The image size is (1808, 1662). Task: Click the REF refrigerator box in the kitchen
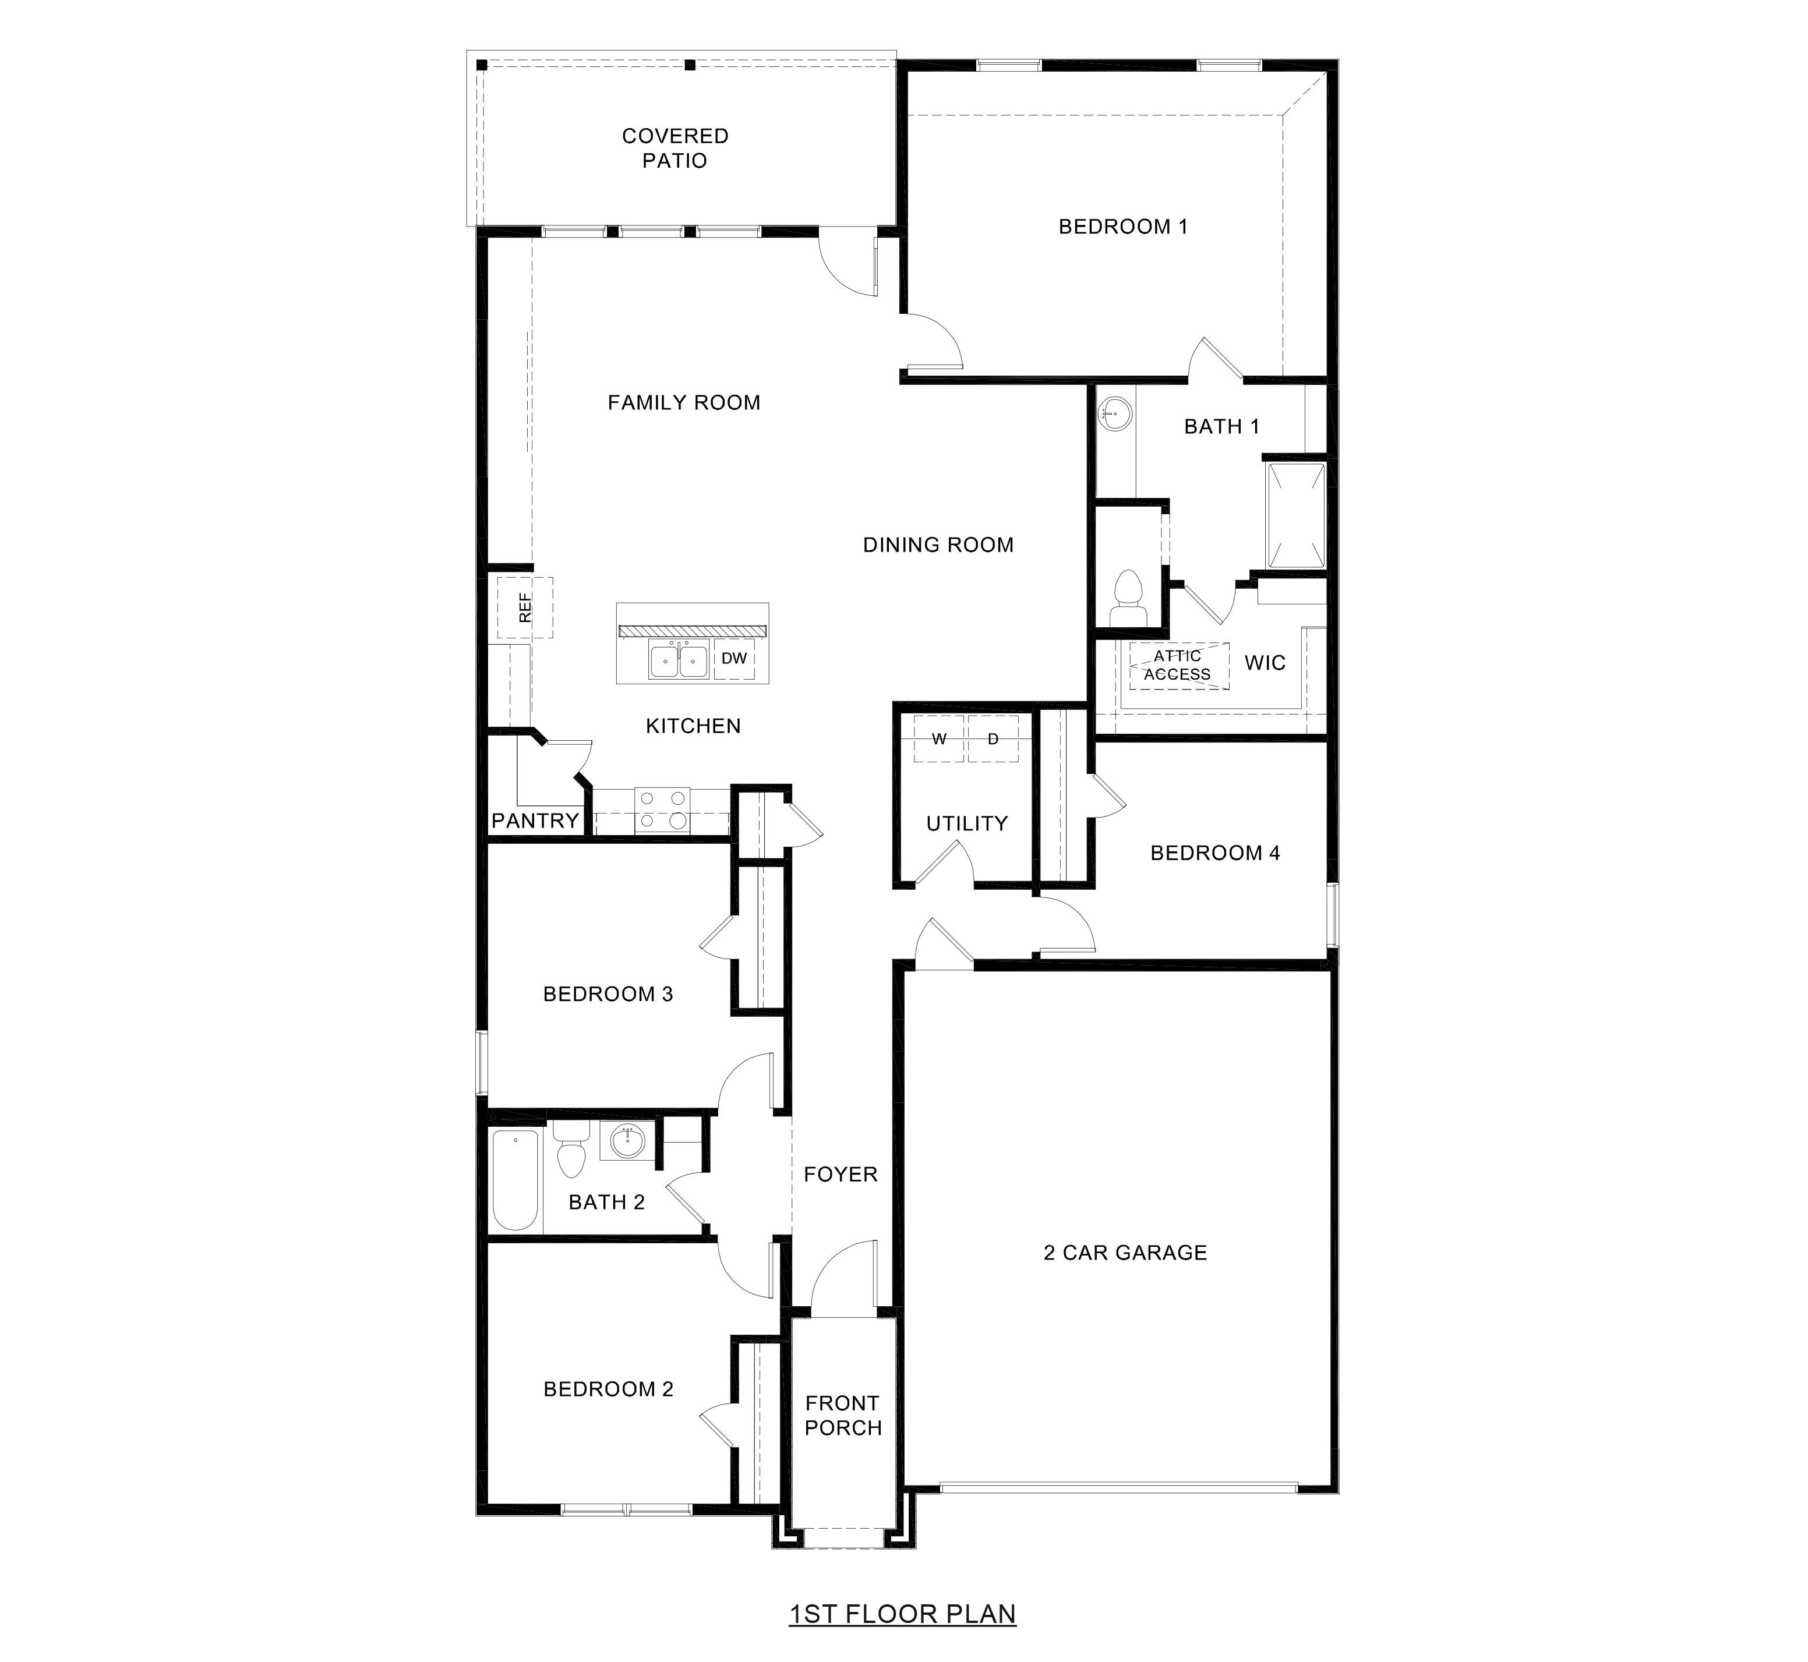[x=525, y=608]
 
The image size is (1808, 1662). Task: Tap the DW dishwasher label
[x=734, y=658]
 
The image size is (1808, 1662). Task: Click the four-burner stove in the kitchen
[x=662, y=809]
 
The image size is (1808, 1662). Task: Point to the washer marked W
[x=939, y=739]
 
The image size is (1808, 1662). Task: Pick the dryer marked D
[x=993, y=739]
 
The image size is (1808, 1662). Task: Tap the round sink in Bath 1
[x=1115, y=415]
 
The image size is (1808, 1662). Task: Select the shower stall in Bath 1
[x=1295, y=515]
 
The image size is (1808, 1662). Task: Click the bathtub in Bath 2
[x=515, y=1180]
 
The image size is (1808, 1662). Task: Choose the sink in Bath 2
[x=627, y=1142]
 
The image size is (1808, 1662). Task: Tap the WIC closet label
[x=1265, y=663]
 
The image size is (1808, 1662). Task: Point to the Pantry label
[x=534, y=820]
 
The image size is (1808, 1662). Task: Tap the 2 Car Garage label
[x=1124, y=1252]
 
